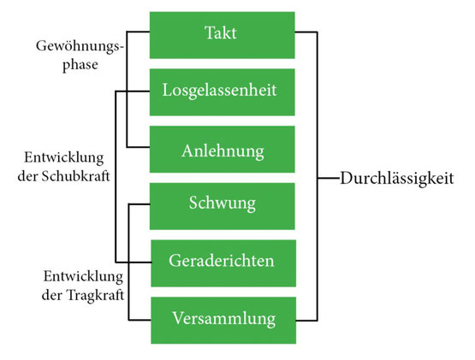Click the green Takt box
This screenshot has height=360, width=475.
[x=222, y=35]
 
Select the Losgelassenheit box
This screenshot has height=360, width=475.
[x=222, y=92]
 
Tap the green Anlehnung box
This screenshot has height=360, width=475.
[x=222, y=150]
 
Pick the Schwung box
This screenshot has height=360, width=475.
[x=222, y=206]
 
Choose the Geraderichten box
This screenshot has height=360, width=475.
[x=223, y=263]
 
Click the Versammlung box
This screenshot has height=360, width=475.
[x=223, y=321]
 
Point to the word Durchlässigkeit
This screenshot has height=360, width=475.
[x=397, y=178]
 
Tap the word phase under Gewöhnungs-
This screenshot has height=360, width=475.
[x=80, y=65]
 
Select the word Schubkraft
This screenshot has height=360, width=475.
[x=75, y=176]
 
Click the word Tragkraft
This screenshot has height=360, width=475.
[x=95, y=295]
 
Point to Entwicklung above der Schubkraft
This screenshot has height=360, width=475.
[x=64, y=158]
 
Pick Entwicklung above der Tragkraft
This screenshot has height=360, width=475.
[x=83, y=277]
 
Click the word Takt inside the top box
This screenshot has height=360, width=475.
[x=221, y=32]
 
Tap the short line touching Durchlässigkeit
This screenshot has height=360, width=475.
[x=329, y=179]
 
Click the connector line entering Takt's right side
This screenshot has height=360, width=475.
[x=306, y=32]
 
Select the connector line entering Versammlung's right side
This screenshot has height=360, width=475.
[x=306, y=320]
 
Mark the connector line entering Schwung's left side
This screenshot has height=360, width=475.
[x=140, y=204]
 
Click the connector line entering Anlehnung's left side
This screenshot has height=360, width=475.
[x=138, y=147]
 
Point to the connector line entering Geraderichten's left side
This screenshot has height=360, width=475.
[x=134, y=263]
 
